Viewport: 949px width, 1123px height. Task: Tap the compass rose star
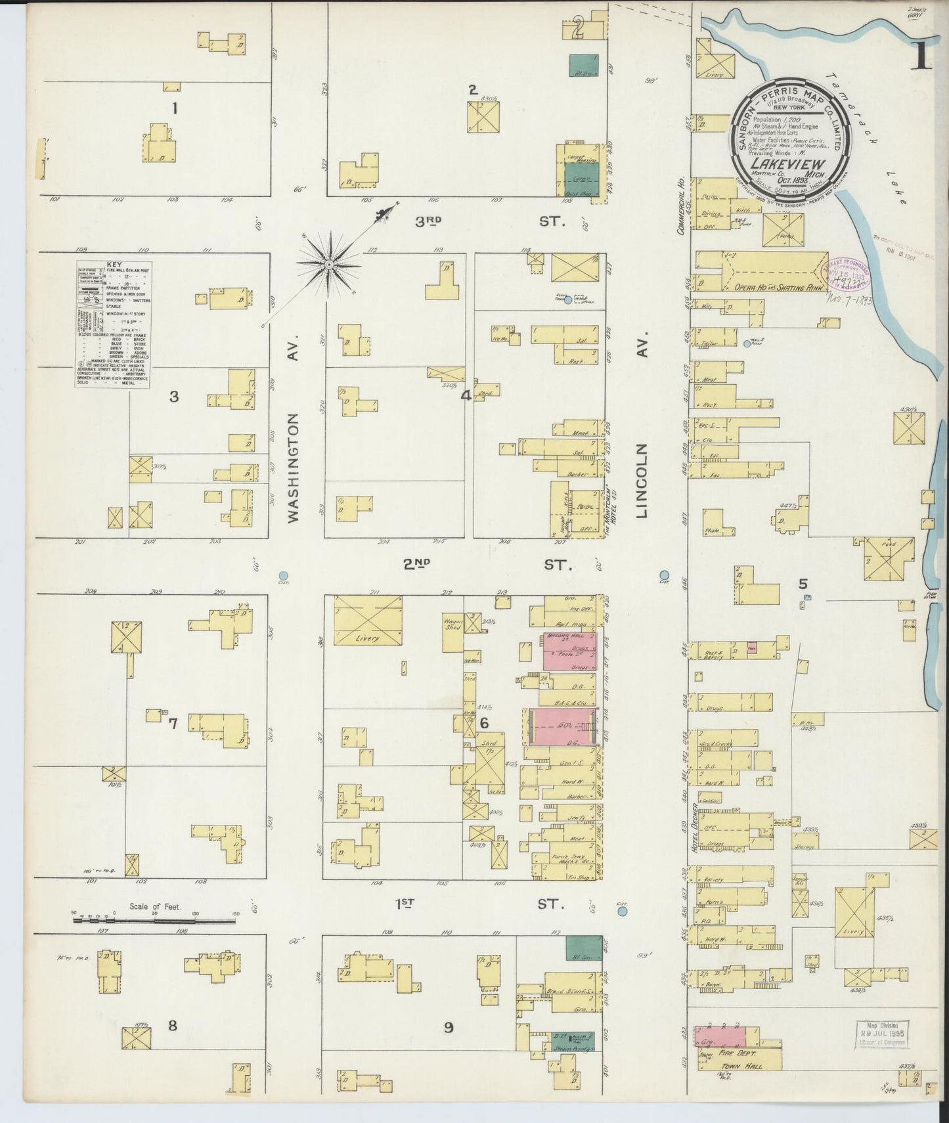point(328,265)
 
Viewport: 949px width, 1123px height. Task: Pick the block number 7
point(173,724)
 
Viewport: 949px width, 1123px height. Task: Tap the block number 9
point(448,1027)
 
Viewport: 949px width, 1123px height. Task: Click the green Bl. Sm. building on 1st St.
point(583,948)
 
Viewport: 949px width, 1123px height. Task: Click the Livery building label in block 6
point(368,638)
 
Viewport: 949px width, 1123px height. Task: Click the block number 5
point(803,583)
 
